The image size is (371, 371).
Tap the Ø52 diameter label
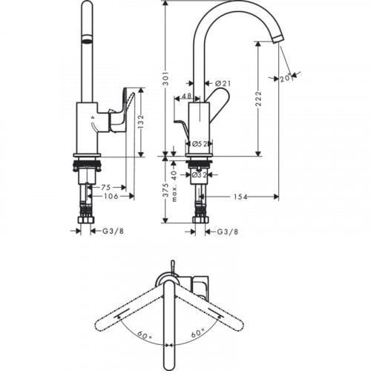pos(200,143)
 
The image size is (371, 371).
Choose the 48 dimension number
pos(186,96)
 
